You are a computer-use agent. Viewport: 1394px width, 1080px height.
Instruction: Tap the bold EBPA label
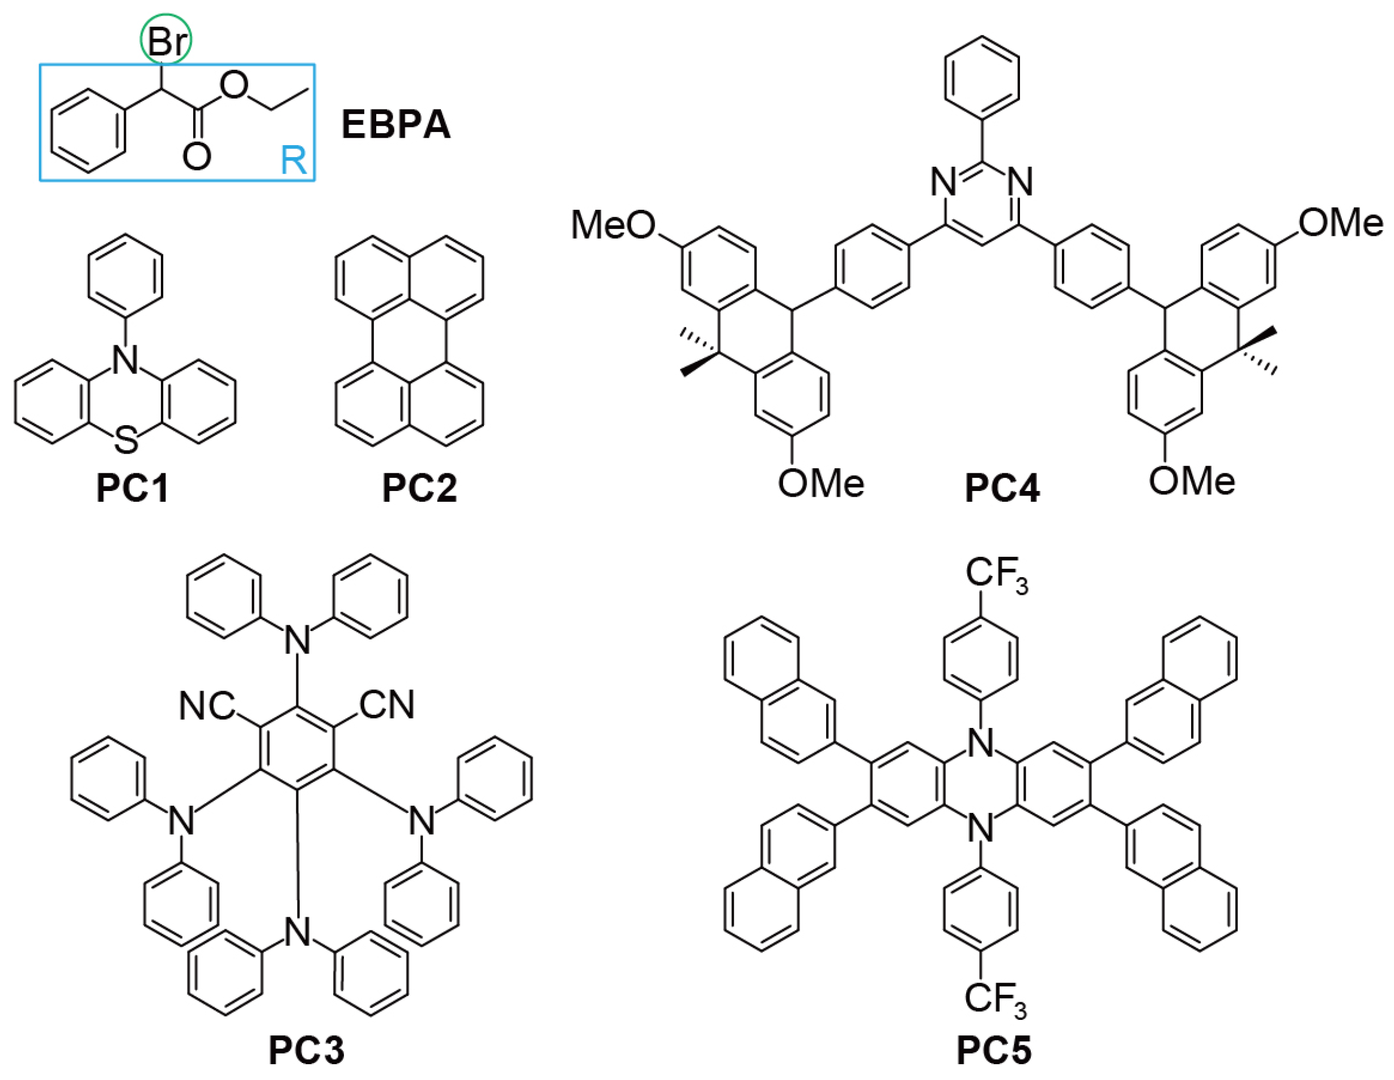pyautogui.click(x=396, y=124)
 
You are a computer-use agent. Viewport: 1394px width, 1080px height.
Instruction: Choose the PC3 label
pyautogui.click(x=307, y=1050)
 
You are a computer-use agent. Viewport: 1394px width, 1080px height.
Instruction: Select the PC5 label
pyautogui.click(x=994, y=1050)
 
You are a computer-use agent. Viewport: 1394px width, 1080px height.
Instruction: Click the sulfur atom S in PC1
pyautogui.click(x=126, y=441)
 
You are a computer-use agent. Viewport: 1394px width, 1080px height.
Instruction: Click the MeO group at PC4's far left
pyautogui.click(x=612, y=225)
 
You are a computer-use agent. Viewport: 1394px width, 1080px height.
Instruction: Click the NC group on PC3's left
pyautogui.click(x=206, y=706)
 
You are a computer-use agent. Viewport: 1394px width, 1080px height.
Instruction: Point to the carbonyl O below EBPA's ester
pyautogui.click(x=197, y=156)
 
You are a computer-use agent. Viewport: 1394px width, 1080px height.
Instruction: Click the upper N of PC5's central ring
pyautogui.click(x=981, y=744)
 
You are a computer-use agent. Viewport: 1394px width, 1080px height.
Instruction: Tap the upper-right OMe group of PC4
pyautogui.click(x=1340, y=223)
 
